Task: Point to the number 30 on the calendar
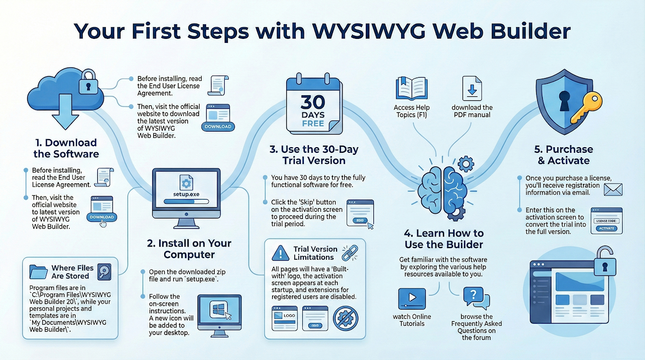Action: click(x=313, y=102)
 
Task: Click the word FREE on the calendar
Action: click(x=313, y=124)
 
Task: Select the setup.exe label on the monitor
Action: click(x=186, y=194)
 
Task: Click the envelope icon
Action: click(x=613, y=190)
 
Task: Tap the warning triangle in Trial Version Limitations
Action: click(x=280, y=253)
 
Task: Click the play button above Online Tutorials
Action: click(x=412, y=298)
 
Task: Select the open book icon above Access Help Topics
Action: click(x=412, y=88)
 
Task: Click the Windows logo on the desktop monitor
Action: click(x=218, y=309)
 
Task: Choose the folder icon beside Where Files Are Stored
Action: click(x=38, y=272)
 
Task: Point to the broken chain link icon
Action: click(x=350, y=253)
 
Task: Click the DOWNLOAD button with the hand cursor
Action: click(x=102, y=217)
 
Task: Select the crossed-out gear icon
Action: click(x=346, y=318)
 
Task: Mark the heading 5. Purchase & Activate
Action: click(x=563, y=155)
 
